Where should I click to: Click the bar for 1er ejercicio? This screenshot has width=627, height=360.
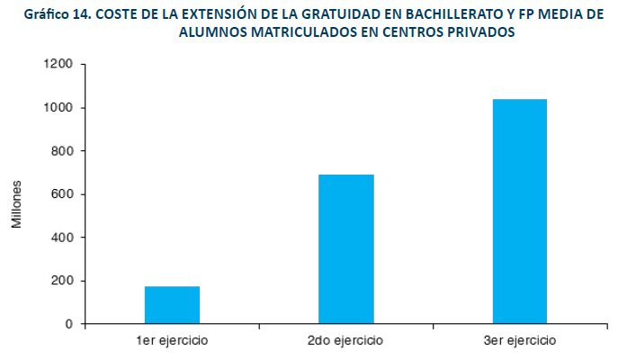pyautogui.click(x=172, y=305)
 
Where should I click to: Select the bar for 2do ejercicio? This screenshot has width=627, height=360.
pyautogui.click(x=346, y=249)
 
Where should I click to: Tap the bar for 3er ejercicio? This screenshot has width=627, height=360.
pyautogui.click(x=520, y=211)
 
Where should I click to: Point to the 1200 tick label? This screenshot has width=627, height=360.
pyautogui.click(x=59, y=65)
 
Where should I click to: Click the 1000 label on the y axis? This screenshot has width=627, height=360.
pyautogui.click(x=59, y=108)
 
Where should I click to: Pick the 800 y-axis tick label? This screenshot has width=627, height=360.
pyautogui.click(x=63, y=151)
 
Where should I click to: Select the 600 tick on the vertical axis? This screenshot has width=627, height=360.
pyautogui.click(x=63, y=194)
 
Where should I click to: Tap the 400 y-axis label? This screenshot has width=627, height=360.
pyautogui.click(x=63, y=238)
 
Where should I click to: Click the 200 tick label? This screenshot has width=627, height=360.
pyautogui.click(x=63, y=281)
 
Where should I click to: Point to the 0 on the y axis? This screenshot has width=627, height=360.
pyautogui.click(x=70, y=324)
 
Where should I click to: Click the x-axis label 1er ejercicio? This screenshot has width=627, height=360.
pyautogui.click(x=172, y=340)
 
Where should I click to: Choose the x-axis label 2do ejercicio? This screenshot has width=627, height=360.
pyautogui.click(x=346, y=340)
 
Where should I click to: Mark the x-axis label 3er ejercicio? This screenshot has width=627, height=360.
pyautogui.click(x=520, y=340)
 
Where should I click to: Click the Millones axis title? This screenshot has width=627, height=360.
pyautogui.click(x=17, y=202)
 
